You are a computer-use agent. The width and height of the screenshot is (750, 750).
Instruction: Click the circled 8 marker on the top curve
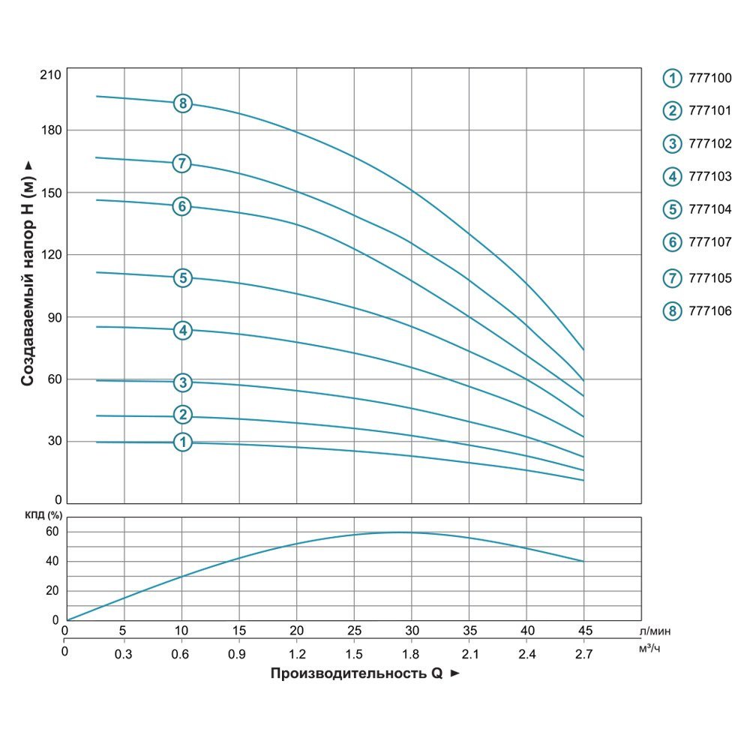pos(183,103)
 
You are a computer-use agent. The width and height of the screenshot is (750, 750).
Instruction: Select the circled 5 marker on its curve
pos(183,278)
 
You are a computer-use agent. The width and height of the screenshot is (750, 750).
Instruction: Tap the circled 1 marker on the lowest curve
pos(183,442)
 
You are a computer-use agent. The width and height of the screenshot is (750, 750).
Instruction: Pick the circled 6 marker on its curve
pos(182,206)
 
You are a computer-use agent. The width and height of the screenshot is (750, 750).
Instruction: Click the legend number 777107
pos(709,242)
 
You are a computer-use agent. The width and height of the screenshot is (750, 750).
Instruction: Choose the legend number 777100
pos(709,78)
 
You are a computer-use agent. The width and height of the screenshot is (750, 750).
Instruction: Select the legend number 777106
pos(709,310)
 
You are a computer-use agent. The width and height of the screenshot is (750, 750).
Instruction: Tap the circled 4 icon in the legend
pos(672,177)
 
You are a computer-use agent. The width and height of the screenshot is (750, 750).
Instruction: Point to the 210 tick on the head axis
pos(52,75)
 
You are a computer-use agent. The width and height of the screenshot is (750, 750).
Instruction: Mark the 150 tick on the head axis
pos(52,193)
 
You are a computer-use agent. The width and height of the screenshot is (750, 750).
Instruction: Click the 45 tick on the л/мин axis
pos(583,630)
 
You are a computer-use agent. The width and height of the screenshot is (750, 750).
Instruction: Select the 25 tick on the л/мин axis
pos(354,630)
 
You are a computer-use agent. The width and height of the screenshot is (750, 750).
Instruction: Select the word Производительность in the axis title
pos(349,673)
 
